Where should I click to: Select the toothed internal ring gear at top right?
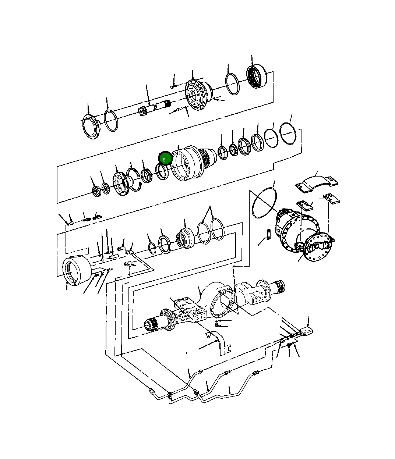tap(257, 76)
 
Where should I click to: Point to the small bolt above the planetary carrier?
tap(173, 87)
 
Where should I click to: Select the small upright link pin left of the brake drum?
tap(269, 234)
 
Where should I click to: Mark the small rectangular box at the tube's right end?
tap(306, 331)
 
